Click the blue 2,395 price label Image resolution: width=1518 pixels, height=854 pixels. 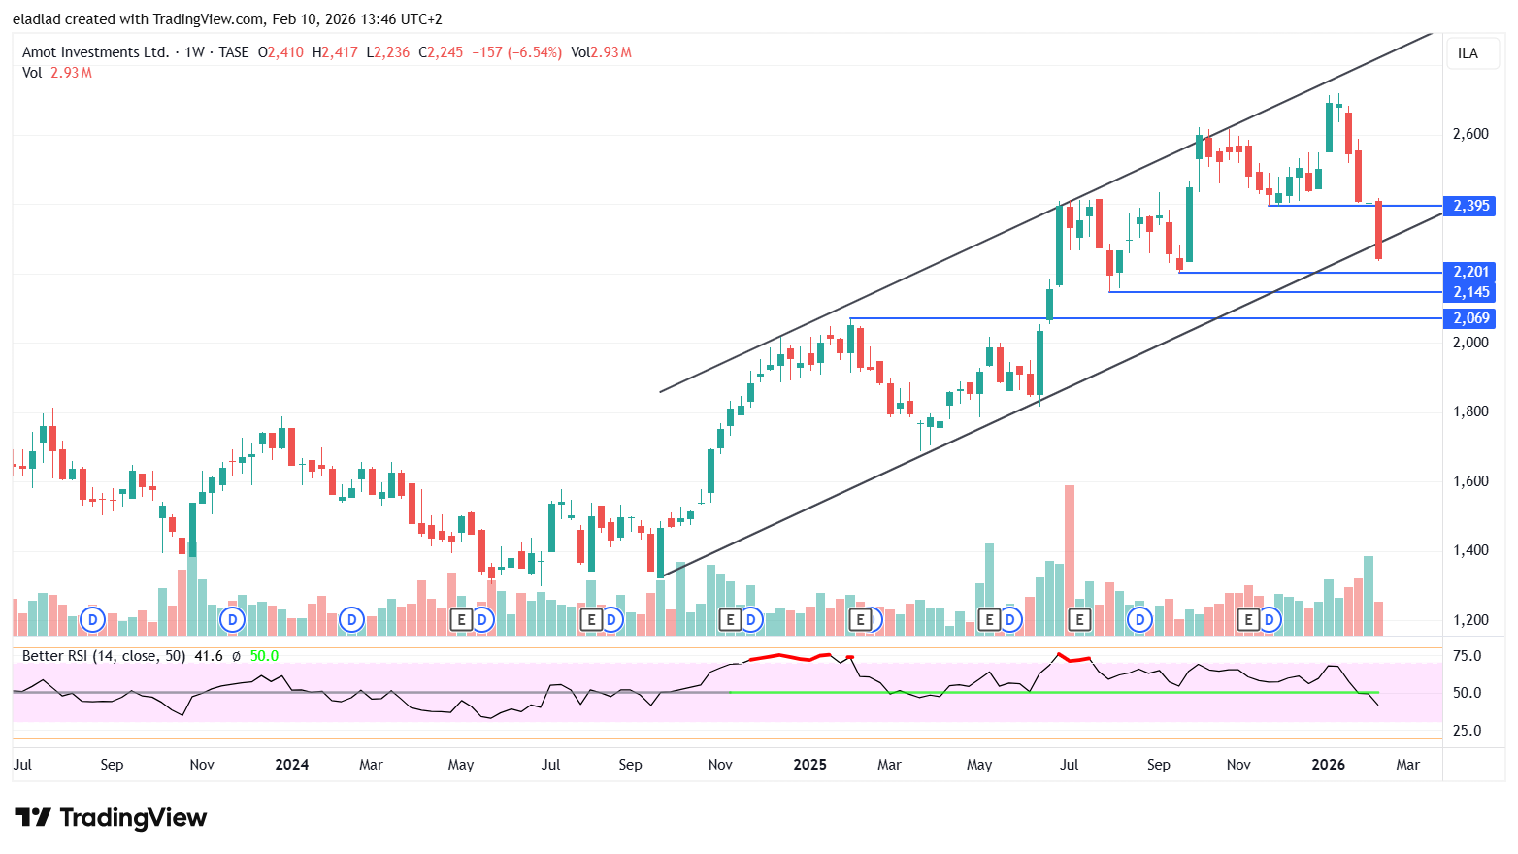tap(1469, 206)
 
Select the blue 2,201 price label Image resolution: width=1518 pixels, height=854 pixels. tap(1469, 272)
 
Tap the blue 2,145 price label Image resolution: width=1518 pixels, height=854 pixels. tap(1469, 292)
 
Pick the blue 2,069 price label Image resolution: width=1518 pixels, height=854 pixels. tap(1469, 318)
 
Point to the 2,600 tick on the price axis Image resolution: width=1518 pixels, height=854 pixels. tap(1470, 134)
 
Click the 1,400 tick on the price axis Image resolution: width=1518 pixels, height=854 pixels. tap(1470, 550)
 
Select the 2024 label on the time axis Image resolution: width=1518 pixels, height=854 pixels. tap(291, 765)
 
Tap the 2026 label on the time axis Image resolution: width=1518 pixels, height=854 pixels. tap(1328, 765)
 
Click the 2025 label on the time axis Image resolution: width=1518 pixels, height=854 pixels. tap(809, 765)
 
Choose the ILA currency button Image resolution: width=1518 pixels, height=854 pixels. tap(1468, 53)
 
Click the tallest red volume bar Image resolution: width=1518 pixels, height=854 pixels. tap(1070, 560)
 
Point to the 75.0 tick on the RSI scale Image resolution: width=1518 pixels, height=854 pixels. tap(1467, 656)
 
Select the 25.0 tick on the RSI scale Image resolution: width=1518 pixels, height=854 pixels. tap(1467, 731)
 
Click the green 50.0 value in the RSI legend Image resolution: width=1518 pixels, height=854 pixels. tap(264, 656)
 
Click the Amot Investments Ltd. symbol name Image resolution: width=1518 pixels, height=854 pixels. tap(95, 52)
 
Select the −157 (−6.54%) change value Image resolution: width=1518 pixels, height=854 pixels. tap(516, 52)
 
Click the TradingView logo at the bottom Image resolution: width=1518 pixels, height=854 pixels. tap(111, 818)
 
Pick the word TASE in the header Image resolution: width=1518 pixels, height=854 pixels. tap(233, 52)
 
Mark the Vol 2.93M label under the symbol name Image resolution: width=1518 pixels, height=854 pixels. tap(57, 73)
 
